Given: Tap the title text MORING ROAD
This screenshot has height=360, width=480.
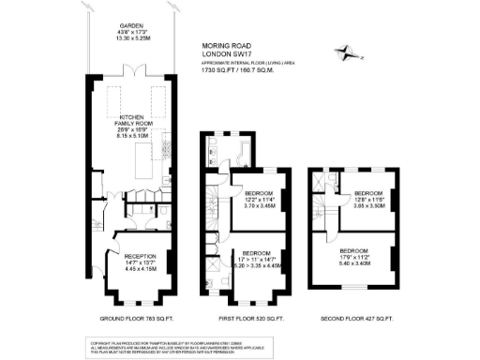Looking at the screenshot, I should tap(229, 44).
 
